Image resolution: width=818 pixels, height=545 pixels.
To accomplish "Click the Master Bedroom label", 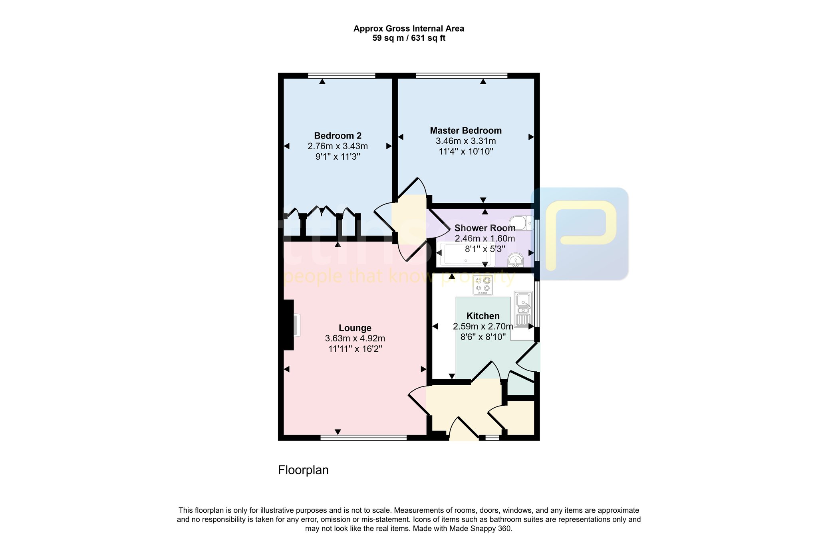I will click(x=465, y=131).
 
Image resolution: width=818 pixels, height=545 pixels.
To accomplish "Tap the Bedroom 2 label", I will click(x=338, y=136).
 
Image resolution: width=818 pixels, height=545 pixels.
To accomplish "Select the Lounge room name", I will click(x=355, y=328).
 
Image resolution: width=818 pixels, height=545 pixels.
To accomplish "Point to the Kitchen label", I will click(x=483, y=316).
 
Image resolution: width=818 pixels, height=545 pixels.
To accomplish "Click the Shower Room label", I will click(x=485, y=228).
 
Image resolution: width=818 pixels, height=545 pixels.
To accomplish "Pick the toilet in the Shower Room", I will click(x=522, y=223).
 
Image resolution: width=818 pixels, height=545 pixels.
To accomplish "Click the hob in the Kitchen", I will click(x=482, y=285).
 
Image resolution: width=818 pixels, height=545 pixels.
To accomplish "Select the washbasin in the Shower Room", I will click(x=516, y=261).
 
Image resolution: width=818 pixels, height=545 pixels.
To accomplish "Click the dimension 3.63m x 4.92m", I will click(x=355, y=339).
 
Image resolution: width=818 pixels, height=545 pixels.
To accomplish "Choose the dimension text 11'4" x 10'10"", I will click(x=465, y=152).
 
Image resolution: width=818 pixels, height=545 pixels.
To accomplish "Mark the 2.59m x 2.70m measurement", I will click(x=483, y=327).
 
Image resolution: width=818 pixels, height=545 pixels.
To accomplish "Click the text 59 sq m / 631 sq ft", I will click(x=409, y=38).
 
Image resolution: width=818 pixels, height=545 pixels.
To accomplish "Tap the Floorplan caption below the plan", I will click(x=303, y=470).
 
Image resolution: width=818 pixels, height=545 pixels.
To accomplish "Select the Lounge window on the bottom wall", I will click(x=363, y=438).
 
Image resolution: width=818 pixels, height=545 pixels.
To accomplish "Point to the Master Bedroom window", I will click(x=461, y=75).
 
